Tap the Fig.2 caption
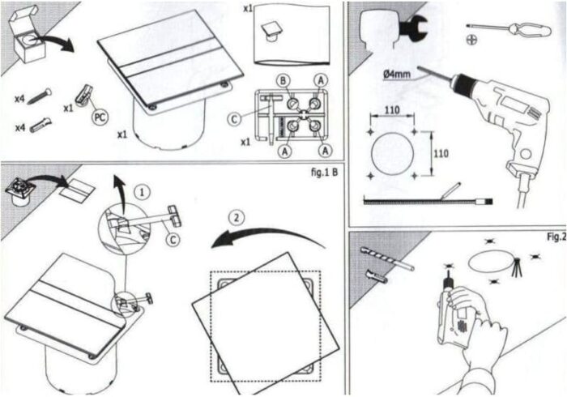pyautogui.click(x=554, y=237)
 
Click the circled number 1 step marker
pyautogui.click(x=141, y=193)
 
